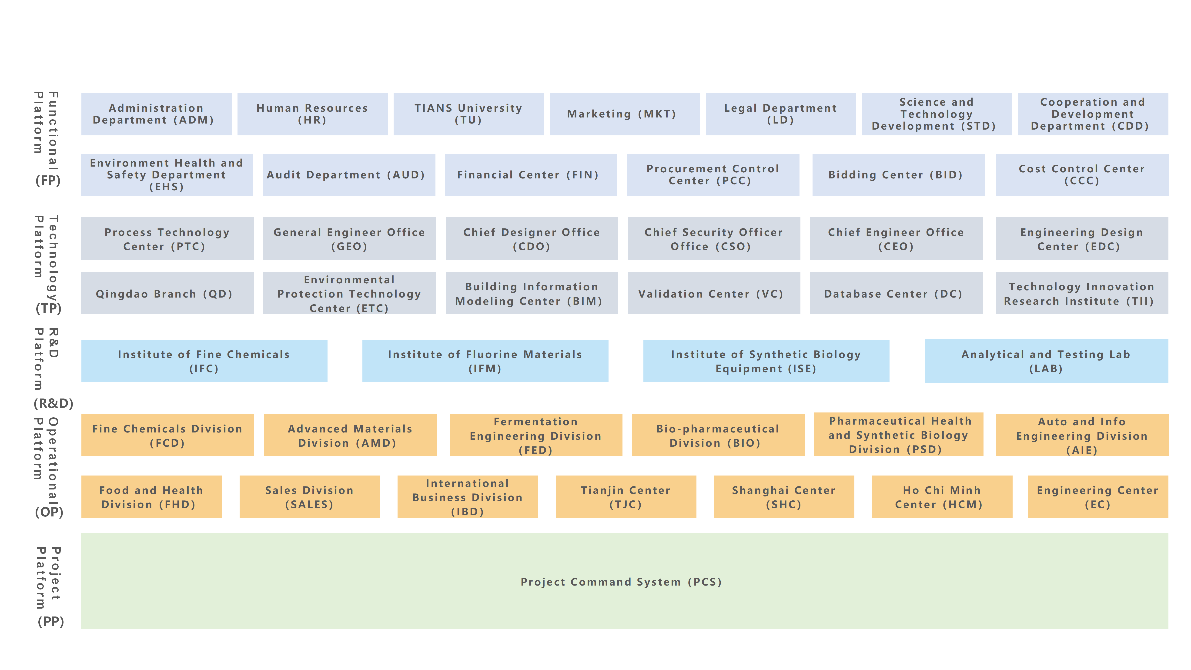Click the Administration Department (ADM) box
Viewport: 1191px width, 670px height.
[156, 114]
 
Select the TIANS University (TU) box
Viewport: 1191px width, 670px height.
[468, 114]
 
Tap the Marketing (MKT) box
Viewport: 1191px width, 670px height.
[624, 114]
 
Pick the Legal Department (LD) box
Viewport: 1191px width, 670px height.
[780, 114]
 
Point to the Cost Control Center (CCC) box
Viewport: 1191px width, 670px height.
[1082, 175]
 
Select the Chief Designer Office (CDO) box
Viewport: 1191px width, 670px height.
[532, 239]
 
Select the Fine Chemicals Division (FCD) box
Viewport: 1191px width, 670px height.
[167, 435]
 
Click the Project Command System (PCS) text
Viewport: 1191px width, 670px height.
[621, 582]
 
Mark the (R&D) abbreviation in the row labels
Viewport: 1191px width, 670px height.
[53, 403]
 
